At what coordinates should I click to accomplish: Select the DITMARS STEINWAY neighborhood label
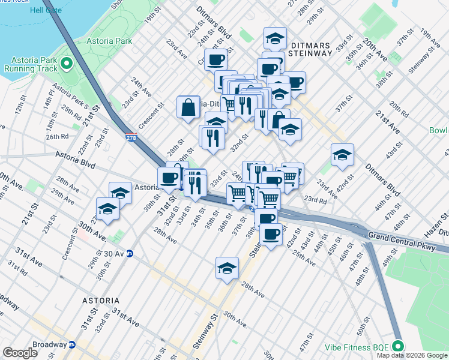(x=311, y=49)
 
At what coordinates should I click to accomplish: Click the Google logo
(x=20, y=352)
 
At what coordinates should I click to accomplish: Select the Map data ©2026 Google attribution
(x=412, y=355)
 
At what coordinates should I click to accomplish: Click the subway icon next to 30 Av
(x=130, y=254)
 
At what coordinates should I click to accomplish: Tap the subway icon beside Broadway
(x=72, y=344)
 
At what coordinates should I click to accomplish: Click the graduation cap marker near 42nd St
(x=342, y=155)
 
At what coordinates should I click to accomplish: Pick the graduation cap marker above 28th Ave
(x=228, y=268)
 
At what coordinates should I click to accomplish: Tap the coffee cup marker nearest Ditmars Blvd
(x=215, y=59)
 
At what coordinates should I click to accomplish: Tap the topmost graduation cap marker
(x=275, y=38)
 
